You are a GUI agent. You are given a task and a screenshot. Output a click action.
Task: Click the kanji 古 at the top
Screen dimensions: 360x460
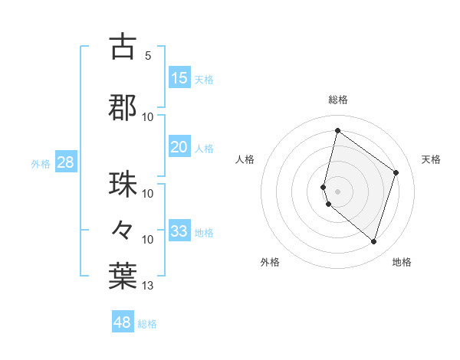pos(123,47)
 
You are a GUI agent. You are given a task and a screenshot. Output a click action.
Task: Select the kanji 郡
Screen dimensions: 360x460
pos(123,106)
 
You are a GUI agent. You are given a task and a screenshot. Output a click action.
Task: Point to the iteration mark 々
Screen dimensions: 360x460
pos(123,229)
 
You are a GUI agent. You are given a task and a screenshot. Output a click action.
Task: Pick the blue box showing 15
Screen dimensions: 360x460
pos(179,78)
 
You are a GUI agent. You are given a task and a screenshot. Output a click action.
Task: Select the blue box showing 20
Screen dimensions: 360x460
pos(179,147)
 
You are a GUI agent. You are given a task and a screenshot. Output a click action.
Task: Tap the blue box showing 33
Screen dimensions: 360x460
pos(179,231)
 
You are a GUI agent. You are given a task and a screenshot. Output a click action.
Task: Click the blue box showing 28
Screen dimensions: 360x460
pos(65,162)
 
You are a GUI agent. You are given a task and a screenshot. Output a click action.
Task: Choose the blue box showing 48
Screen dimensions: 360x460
pos(123,322)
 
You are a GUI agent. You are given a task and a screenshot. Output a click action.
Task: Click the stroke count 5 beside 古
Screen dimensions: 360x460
pos(147,56)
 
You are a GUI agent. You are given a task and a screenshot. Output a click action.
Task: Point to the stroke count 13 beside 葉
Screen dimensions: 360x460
pos(148,286)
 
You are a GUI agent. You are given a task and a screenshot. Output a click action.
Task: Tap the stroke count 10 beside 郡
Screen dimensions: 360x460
pos(148,116)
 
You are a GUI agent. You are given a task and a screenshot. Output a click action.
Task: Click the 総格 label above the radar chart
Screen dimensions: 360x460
pos(337,100)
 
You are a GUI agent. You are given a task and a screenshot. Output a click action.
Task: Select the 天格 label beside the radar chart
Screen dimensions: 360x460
pos(431,159)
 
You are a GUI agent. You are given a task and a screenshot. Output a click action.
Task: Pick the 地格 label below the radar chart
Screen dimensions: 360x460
pos(402,262)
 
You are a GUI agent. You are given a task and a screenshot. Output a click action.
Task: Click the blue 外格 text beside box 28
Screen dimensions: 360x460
pos(41,163)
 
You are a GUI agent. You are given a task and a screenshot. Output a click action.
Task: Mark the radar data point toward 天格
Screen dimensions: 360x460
pos(396,172)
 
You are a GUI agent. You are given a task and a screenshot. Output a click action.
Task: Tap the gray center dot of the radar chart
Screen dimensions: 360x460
pos(337,191)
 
